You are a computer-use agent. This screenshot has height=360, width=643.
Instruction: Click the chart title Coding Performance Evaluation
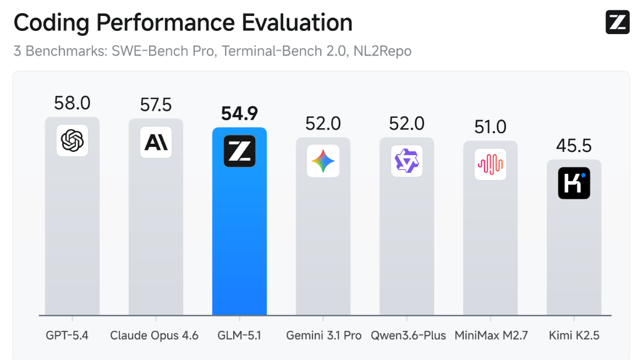(183, 23)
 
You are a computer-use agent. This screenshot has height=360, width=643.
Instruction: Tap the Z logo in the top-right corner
(617, 22)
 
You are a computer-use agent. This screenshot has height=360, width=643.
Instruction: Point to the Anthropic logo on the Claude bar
(156, 143)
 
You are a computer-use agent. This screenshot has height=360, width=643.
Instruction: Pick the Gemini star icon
(323, 161)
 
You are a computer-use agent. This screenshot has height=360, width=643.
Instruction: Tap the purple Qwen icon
(406, 161)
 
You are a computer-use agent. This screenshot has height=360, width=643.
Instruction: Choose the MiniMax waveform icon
(490, 164)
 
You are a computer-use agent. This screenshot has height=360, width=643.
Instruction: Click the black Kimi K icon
(574, 183)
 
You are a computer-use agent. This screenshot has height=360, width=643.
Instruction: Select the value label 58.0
(72, 103)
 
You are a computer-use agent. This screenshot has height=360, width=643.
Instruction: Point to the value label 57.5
(156, 105)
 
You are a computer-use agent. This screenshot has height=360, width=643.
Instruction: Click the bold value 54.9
(239, 113)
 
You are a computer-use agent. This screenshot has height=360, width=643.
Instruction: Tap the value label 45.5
(574, 145)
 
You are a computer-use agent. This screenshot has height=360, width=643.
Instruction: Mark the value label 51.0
(490, 127)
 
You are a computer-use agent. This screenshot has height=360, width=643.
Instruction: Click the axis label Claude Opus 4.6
(154, 335)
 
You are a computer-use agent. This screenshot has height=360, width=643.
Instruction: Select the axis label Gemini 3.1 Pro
(324, 335)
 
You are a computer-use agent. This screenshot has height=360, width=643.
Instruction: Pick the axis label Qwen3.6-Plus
(408, 335)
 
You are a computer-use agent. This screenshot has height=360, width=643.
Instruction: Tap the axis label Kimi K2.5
(574, 335)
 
